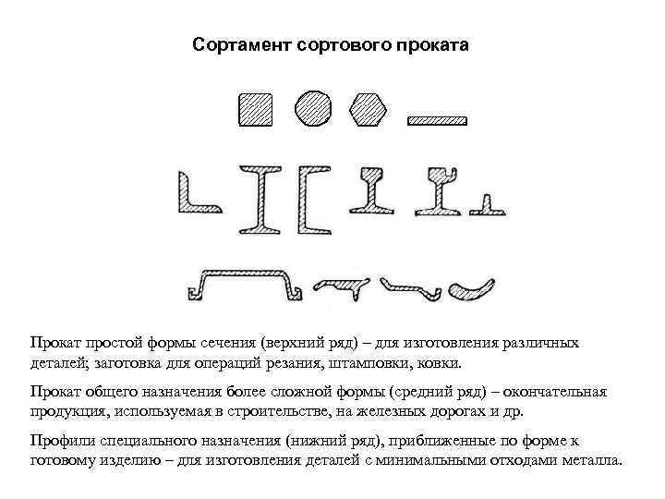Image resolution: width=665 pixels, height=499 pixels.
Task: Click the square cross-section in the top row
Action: [x=256, y=110]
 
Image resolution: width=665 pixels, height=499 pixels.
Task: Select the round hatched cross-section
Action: [x=312, y=108]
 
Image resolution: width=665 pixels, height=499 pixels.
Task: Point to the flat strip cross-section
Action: [x=439, y=120]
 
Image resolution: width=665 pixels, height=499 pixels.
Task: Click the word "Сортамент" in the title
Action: [x=243, y=44]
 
